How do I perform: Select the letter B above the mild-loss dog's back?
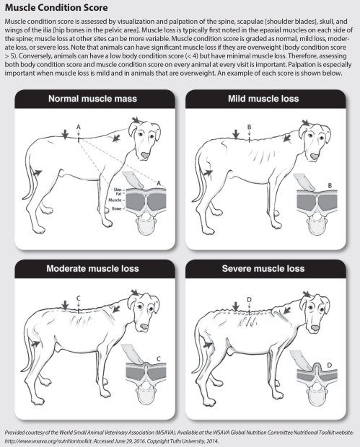click(248, 126)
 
